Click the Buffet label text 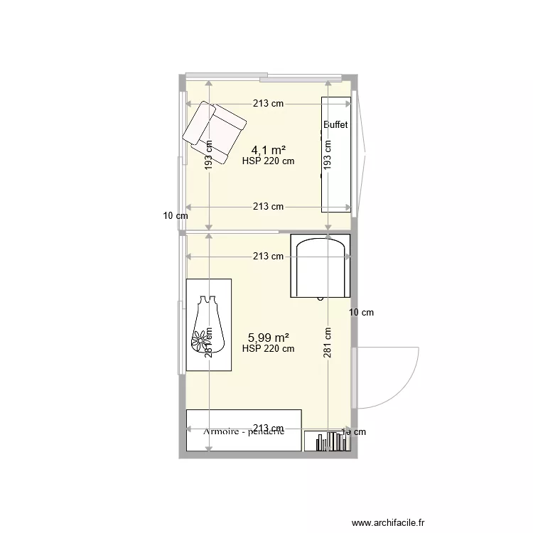335,125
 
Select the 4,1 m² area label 269,150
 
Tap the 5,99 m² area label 268,338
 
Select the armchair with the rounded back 321,266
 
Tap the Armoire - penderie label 243,431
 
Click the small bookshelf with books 327,441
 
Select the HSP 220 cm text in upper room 268,161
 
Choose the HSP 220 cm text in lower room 268,349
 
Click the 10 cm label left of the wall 175,215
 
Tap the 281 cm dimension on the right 328,344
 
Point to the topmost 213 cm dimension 268,103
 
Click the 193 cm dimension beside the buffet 328,154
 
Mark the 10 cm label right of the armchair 362,312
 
